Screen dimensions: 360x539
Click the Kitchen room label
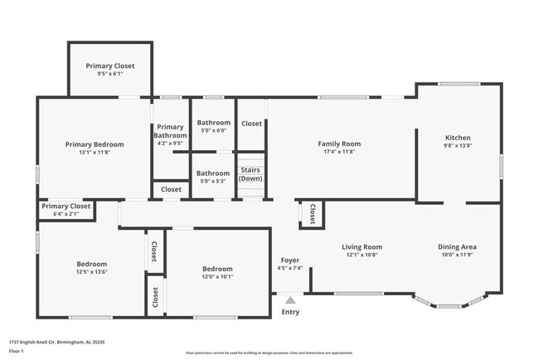458,138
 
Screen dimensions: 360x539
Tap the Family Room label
339,144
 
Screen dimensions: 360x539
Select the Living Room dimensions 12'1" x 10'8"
362,255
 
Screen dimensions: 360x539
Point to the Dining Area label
457,246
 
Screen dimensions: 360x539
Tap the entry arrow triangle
290,300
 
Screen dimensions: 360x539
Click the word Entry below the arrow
290,312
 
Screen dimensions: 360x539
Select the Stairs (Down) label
250,174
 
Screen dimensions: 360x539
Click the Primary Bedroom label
94,144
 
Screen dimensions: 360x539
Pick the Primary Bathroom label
171,131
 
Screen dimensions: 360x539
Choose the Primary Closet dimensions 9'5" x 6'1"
109,75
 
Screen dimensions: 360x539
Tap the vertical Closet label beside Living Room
312,214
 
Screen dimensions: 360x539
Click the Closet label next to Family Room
251,124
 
